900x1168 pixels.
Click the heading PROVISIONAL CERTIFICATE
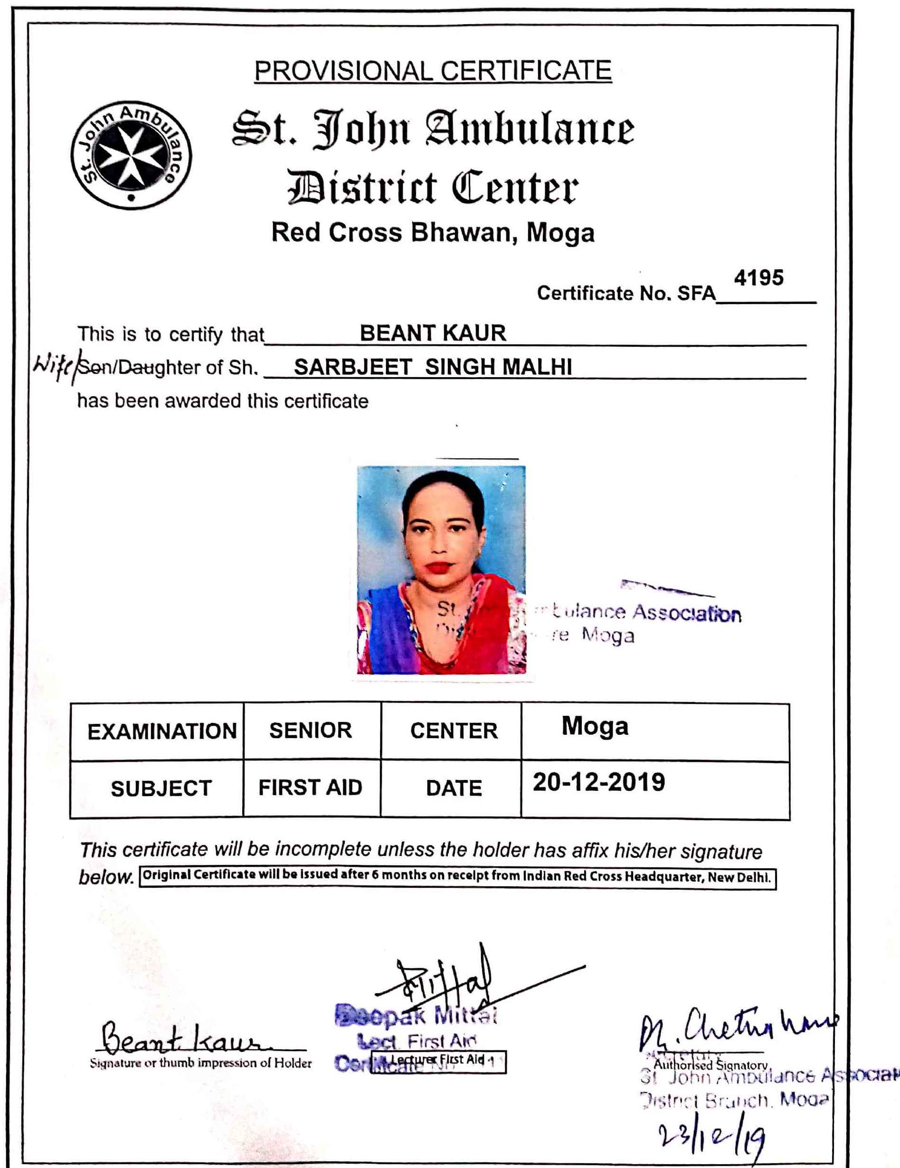tap(433, 71)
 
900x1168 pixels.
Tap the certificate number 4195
tap(758, 277)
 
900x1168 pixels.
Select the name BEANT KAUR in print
tap(433, 333)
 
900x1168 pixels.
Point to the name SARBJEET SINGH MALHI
tap(433, 367)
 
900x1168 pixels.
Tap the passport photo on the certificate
tap(441, 569)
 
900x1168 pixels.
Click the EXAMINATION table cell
tap(161, 731)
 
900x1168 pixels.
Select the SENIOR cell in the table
tap(310, 731)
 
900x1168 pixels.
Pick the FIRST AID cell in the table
tap(310, 788)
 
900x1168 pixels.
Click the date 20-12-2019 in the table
tap(598, 782)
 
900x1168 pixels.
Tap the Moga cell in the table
tap(595, 727)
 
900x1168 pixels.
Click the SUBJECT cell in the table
tap(161, 789)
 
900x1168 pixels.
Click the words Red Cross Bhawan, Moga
tap(433, 233)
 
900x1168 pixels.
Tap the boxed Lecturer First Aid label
tap(438, 1062)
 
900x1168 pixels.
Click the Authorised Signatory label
tap(711, 1065)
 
